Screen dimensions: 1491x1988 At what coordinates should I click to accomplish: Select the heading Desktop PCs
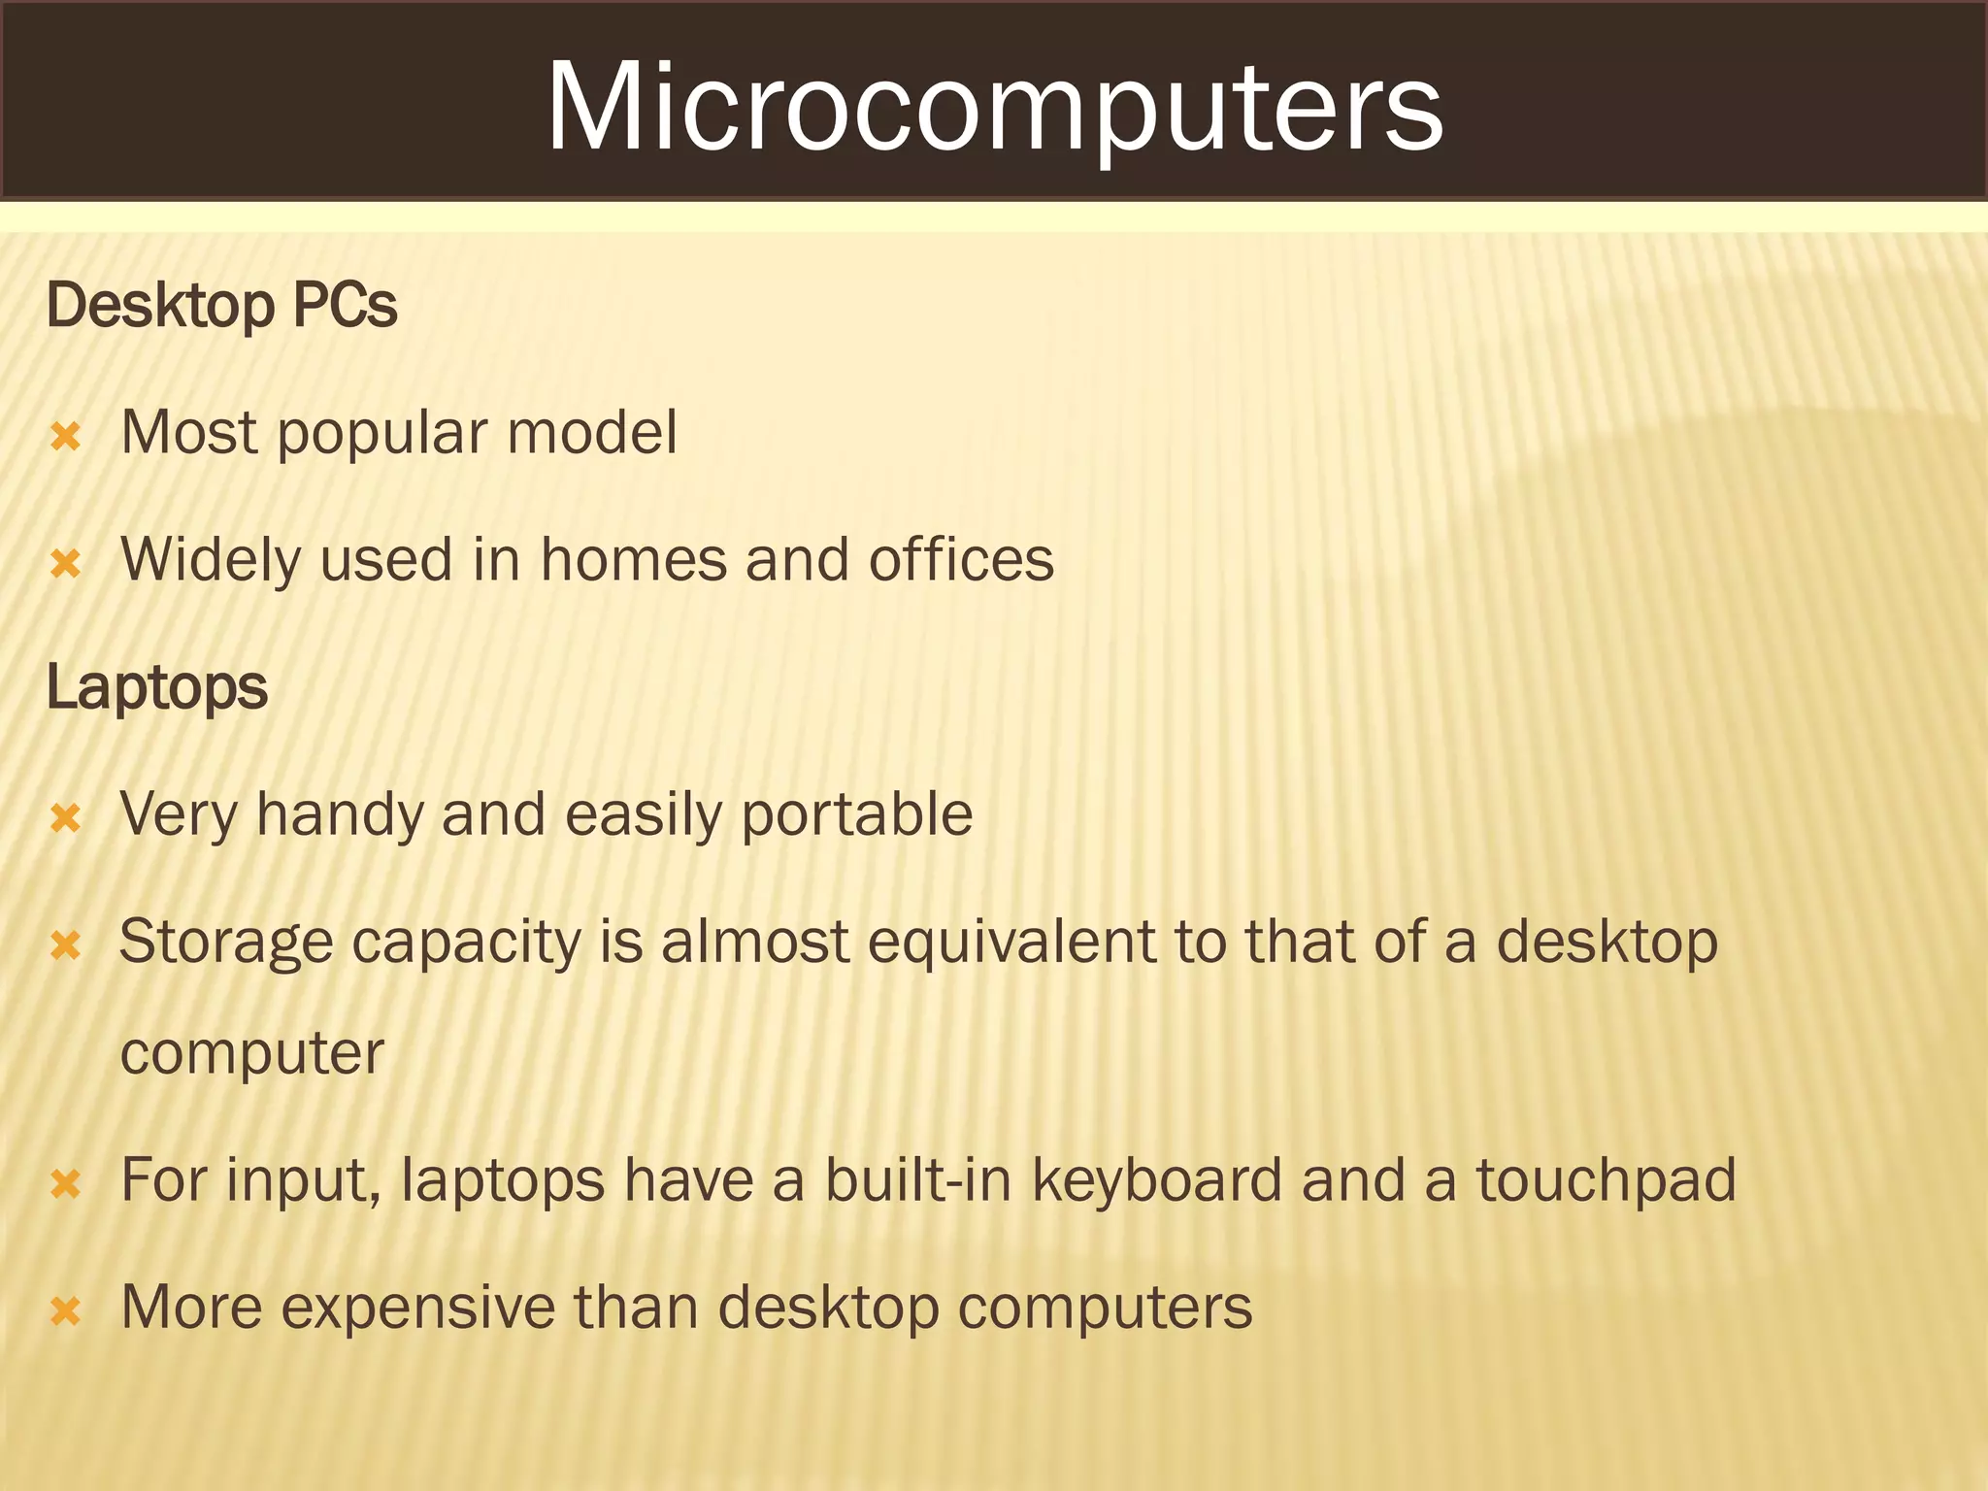[x=221, y=306]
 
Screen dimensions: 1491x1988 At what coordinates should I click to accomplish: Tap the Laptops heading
[x=156, y=687]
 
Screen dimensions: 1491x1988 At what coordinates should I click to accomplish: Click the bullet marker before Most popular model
[x=65, y=436]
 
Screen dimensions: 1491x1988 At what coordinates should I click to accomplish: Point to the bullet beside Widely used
[x=65, y=563]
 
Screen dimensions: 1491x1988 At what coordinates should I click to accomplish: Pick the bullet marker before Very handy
[x=65, y=817]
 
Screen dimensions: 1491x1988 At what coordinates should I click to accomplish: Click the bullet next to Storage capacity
[x=65, y=944]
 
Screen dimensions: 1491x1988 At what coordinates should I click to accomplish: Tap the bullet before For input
[x=65, y=1183]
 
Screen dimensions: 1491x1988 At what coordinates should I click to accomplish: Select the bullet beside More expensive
[x=65, y=1311]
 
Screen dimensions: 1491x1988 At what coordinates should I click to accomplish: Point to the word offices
[x=961, y=560]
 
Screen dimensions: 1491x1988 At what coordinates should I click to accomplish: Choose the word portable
[x=856, y=814]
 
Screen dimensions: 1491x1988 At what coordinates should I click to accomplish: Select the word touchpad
[x=1606, y=1181]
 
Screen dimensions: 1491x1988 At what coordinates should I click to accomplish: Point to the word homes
[x=633, y=560]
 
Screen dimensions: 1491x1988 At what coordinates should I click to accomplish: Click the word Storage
[x=226, y=944]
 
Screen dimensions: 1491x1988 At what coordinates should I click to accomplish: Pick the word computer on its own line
[x=252, y=1054]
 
